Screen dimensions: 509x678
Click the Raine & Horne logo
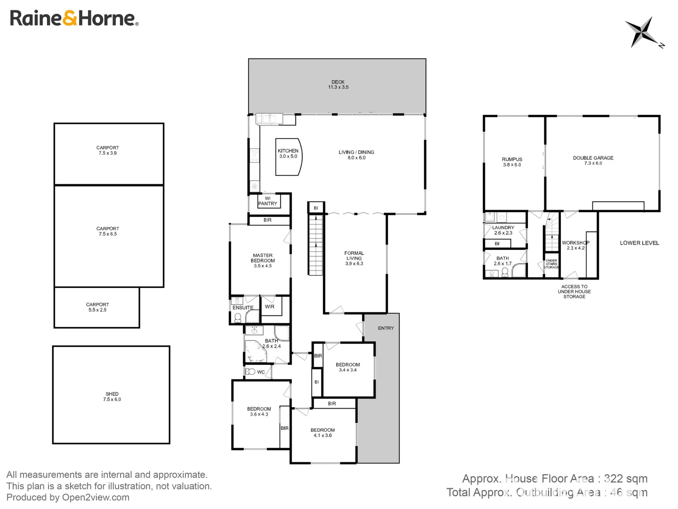(74, 18)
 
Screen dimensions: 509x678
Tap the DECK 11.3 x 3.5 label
(338, 85)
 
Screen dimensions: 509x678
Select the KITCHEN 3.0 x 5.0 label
(288, 154)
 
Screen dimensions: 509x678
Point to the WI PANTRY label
(267, 201)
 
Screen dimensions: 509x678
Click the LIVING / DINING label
(356, 155)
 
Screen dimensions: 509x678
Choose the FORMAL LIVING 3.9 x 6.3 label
(354, 258)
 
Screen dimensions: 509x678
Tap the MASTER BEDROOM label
(263, 261)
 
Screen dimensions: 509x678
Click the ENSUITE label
(243, 308)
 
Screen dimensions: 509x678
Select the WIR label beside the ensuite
(270, 307)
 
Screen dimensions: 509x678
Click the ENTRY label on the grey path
(386, 328)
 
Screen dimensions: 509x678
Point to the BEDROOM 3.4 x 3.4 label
(348, 367)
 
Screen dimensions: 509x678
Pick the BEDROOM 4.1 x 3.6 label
(323, 433)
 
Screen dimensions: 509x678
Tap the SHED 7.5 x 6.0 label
(112, 397)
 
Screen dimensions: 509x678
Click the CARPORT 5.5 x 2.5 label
(97, 307)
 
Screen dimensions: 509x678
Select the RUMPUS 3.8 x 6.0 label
(512, 162)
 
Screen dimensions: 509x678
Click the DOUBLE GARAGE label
(593, 161)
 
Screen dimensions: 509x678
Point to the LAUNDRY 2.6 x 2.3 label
(503, 230)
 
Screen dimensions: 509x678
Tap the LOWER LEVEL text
(639, 243)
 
